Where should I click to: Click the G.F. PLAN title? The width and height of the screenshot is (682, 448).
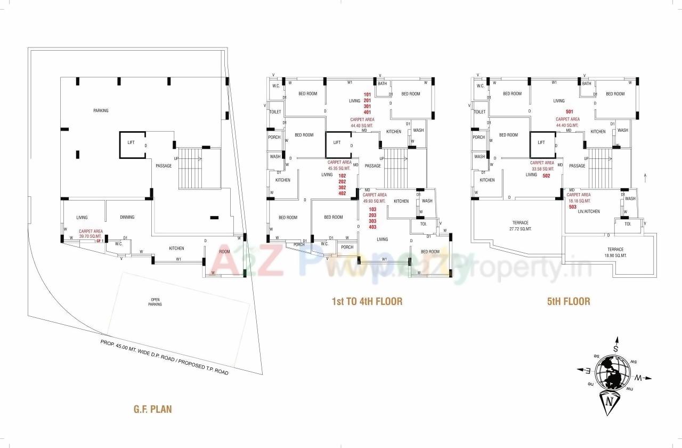[x=152, y=410]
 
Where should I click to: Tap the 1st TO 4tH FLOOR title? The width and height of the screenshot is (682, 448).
[x=367, y=301]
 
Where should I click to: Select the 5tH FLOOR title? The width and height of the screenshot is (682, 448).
[x=569, y=301]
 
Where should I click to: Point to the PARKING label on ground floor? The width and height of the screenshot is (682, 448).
[x=101, y=111]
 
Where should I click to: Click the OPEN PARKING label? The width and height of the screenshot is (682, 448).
[x=155, y=302]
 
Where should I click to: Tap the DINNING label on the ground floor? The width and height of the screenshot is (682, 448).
[x=127, y=217]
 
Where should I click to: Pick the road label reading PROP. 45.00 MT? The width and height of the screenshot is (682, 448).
[x=165, y=357]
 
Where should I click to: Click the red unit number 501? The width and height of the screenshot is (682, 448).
[x=569, y=111]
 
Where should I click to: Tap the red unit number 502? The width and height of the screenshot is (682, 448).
[x=546, y=175]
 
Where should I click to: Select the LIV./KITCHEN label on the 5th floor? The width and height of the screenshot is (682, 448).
[x=588, y=212]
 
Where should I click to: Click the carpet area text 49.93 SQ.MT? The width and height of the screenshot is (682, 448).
[x=374, y=201]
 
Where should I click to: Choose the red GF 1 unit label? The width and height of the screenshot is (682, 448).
[x=99, y=241]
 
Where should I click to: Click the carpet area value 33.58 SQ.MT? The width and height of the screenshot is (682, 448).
[x=542, y=169]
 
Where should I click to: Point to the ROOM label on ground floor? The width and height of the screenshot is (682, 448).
[x=224, y=252]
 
